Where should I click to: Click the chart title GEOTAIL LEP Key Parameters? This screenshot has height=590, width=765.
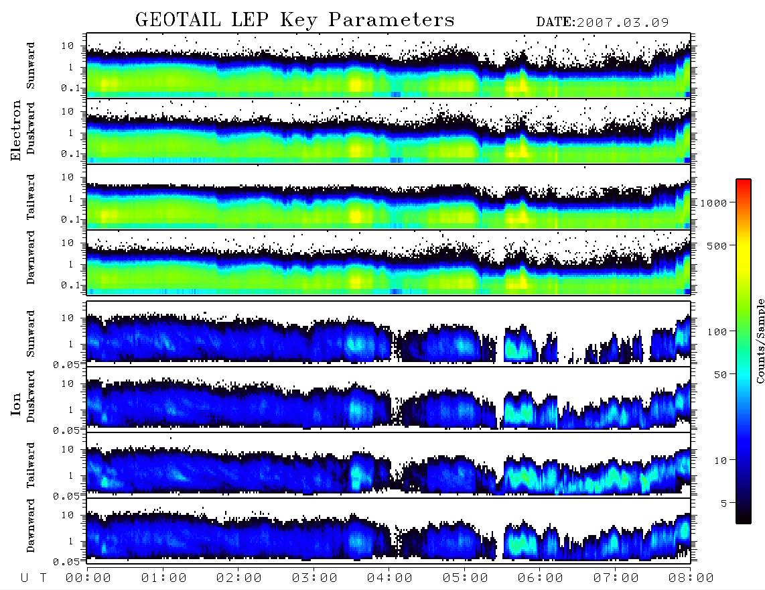pos(295,20)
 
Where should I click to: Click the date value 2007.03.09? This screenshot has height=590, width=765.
pos(622,23)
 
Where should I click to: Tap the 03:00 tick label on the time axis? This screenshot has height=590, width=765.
pos(314,578)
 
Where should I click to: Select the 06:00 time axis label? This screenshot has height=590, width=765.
pos(540,578)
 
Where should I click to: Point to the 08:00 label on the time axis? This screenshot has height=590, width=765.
pos(691,578)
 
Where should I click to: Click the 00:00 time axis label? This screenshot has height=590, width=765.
pos(88,578)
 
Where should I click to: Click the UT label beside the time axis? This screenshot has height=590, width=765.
pos(33,578)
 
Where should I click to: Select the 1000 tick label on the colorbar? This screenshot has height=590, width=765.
pos(713,203)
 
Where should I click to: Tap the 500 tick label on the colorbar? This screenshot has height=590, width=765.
pos(717,245)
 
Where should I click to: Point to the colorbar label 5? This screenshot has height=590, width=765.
pos(724,503)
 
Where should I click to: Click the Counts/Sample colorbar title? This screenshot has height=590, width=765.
pos(760,341)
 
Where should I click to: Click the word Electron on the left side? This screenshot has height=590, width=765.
pos(16,130)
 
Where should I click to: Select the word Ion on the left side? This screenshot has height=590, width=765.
pos(16,404)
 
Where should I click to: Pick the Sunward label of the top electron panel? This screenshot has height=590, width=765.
pos(31,66)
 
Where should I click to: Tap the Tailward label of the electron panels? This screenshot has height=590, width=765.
pos(31,197)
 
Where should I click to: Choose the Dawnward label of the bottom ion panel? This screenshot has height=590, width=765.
pos(31,525)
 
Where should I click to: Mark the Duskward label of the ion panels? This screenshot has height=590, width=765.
pos(31,396)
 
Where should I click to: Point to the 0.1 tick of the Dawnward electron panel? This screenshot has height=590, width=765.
pos(72,285)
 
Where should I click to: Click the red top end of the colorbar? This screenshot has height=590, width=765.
pos(744,181)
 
